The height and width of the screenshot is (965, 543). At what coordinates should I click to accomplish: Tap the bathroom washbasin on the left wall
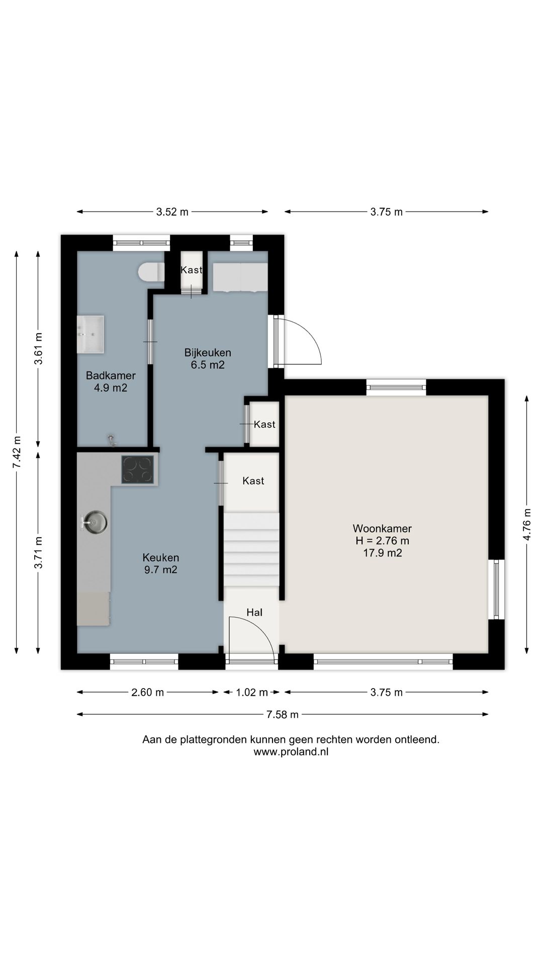coord(90,334)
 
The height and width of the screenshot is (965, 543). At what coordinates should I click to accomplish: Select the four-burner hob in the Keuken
coord(137,470)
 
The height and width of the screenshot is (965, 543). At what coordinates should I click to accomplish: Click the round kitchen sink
coord(95,523)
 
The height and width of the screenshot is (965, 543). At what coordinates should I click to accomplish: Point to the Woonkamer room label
coord(382,528)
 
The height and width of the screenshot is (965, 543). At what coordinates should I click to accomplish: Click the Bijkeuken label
coord(208,352)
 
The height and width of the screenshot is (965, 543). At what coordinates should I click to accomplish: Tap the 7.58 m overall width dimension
coord(283,714)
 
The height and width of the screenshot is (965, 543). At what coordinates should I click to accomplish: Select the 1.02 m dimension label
coord(252,692)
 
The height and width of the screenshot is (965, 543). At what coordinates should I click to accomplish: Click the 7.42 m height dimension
coord(17,452)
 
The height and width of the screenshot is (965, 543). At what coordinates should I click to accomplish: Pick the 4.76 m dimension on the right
coord(527,524)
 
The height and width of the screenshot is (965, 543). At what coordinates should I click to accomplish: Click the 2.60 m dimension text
coord(147,692)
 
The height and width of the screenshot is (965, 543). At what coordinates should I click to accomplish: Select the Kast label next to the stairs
coord(253,481)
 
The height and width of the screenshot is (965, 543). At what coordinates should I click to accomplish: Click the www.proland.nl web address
coord(291,752)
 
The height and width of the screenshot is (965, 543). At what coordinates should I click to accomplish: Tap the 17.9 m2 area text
coord(382,553)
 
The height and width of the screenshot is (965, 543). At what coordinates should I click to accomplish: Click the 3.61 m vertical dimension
coord(38,349)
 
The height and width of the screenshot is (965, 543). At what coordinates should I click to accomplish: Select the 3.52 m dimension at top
coord(172,212)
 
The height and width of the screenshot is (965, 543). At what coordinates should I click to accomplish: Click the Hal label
coord(254,612)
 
